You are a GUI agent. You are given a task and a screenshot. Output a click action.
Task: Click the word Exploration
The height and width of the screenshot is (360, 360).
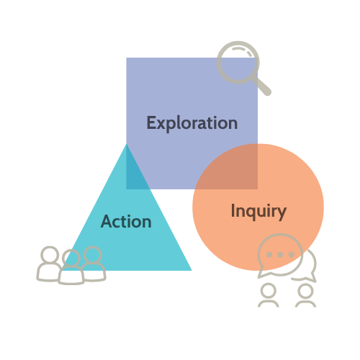[192, 123]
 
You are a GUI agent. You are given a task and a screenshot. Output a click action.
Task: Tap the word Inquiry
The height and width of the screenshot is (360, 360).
[258, 212]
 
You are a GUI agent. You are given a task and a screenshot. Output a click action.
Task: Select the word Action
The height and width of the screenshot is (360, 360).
[126, 221]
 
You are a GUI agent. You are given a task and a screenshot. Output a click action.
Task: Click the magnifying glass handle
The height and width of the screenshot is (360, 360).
[262, 86]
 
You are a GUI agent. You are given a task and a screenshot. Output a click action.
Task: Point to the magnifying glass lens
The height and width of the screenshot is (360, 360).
[238, 63]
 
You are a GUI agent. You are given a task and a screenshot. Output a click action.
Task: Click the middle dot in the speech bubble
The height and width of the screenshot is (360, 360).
[280, 255]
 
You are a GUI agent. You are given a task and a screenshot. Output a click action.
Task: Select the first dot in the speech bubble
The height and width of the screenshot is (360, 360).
[269, 255]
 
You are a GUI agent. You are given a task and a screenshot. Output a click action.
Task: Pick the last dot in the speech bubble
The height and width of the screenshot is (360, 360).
[291, 255]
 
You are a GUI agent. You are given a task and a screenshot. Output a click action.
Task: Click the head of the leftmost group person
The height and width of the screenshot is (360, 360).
[50, 254]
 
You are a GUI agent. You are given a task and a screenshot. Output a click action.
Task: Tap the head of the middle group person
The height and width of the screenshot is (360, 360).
[71, 258]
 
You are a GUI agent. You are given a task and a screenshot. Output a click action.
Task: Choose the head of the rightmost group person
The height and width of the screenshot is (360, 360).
[93, 254]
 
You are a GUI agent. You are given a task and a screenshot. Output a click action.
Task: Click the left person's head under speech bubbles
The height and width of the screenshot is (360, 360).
[269, 291]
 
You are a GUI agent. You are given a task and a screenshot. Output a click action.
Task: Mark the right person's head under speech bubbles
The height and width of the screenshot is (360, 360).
[305, 291]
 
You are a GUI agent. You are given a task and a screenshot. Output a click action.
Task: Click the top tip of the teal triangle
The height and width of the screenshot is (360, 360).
[127, 144]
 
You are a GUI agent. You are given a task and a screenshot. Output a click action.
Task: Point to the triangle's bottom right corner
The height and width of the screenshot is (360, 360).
[192, 271]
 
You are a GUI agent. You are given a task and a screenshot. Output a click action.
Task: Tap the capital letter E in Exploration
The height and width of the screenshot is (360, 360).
[151, 122]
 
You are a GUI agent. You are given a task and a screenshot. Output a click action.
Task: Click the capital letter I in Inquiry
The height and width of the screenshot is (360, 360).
[233, 210]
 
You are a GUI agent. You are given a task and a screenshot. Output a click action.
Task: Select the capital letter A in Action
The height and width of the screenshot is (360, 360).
[107, 221]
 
